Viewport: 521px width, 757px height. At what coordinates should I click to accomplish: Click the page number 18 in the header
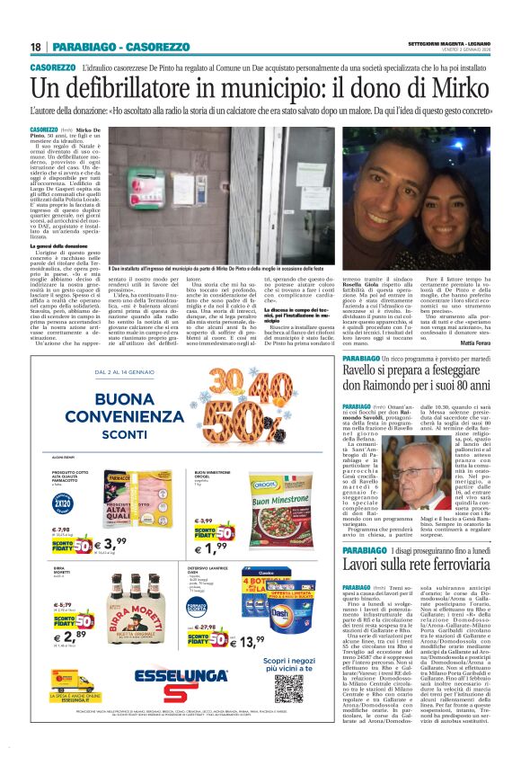coord(36,47)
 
